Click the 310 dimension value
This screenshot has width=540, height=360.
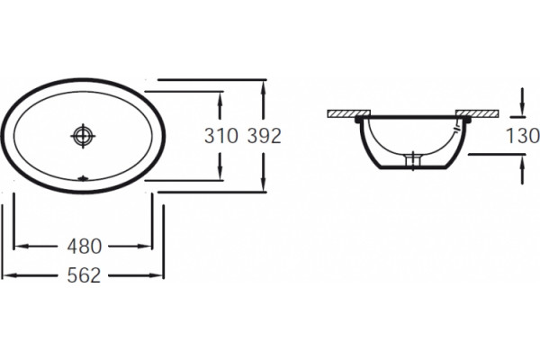[x=221, y=136]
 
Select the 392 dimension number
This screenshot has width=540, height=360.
[x=265, y=136]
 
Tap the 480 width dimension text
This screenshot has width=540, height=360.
[x=85, y=247]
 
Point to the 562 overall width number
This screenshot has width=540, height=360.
[x=84, y=275]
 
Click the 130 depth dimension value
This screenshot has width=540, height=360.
[x=522, y=135]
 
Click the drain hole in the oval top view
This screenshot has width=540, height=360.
[x=83, y=136]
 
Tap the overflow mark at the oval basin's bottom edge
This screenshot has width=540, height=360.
[x=83, y=178]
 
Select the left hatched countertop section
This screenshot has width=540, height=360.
[x=348, y=113]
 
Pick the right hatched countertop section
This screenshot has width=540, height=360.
[x=477, y=113]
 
